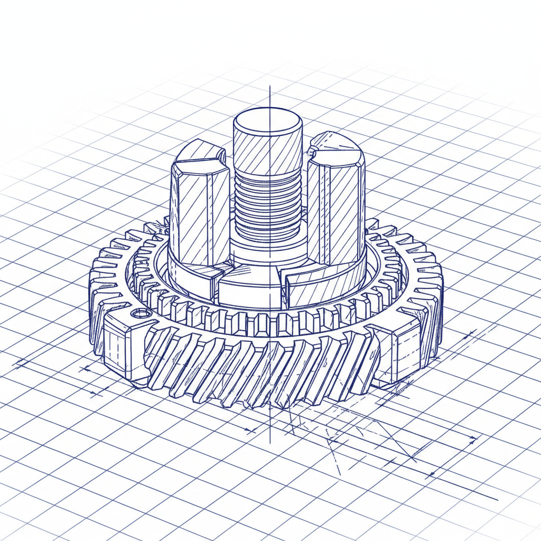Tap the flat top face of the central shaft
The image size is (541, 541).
click(268, 122)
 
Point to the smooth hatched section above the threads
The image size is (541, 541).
click(268, 153)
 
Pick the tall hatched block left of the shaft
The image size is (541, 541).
click(199, 211)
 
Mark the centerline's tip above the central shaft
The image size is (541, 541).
click(269, 87)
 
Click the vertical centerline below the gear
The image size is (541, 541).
click(269, 428)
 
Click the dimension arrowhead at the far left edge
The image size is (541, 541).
click(19, 363)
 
